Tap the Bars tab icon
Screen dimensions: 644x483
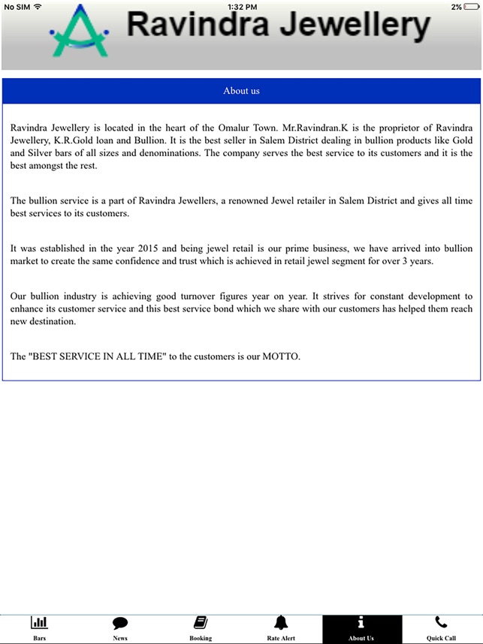39,623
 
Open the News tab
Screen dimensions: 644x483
120,623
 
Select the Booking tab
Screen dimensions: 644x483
201,623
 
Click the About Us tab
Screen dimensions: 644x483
361,628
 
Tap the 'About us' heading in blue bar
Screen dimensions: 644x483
241,91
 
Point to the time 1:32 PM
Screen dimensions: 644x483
241,6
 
